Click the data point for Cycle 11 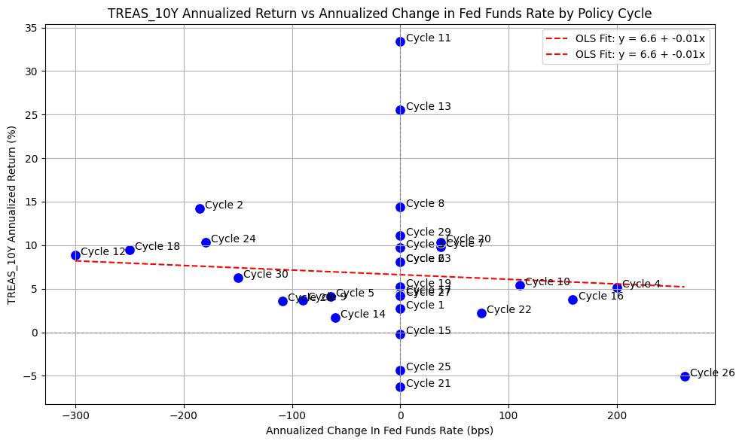pyautogui.click(x=400, y=41)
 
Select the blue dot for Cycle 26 pyautogui.click(x=685, y=376)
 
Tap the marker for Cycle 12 pyautogui.click(x=75, y=255)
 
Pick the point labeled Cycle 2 pyautogui.click(x=200, y=208)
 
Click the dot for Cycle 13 pyautogui.click(x=400, y=110)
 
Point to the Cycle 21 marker pyautogui.click(x=400, y=387)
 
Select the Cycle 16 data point pyautogui.click(x=573, y=300)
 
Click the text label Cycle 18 pyautogui.click(x=157, y=246)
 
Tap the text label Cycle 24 pyautogui.click(x=234, y=239)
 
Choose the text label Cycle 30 pyautogui.click(x=266, y=274)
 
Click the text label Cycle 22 pyautogui.click(x=509, y=309)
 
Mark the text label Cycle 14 pyautogui.click(x=363, y=314)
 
